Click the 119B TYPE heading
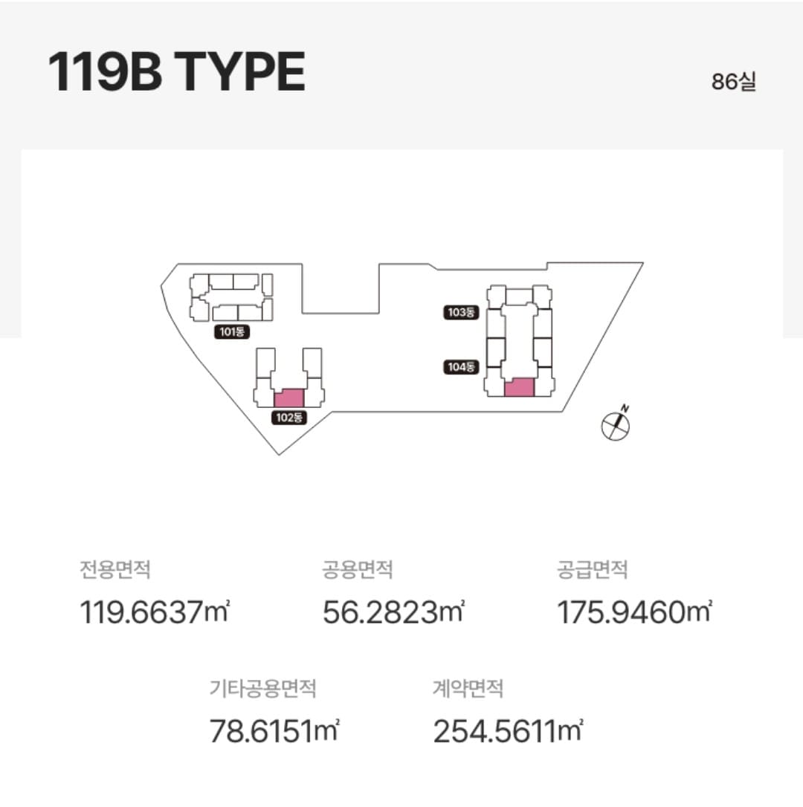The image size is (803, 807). pos(177,71)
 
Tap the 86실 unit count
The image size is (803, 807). pos(733,82)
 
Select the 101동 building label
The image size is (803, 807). pos(232,332)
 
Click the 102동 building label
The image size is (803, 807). pos(289,418)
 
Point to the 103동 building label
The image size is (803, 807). pos(461,312)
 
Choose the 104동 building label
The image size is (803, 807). pos(461,367)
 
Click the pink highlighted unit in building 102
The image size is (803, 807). pos(289,398)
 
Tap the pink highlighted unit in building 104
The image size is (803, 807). pos(519,387)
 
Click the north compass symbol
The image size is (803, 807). pos(616,427)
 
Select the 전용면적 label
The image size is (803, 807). pos(115,570)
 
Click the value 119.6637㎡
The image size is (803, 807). pos(155,612)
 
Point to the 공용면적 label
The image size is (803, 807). pos(358,570)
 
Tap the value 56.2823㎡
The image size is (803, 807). pos(393,612)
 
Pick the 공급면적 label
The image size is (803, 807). pos(592,570)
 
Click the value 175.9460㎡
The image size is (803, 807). pos(634,612)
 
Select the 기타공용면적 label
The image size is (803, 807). pos(262,688)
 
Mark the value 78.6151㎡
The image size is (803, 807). pos(274,730)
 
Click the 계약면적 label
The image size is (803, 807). pos(468,688)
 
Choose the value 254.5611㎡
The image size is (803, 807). pos(509,730)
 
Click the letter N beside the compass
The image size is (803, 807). pos(625,409)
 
